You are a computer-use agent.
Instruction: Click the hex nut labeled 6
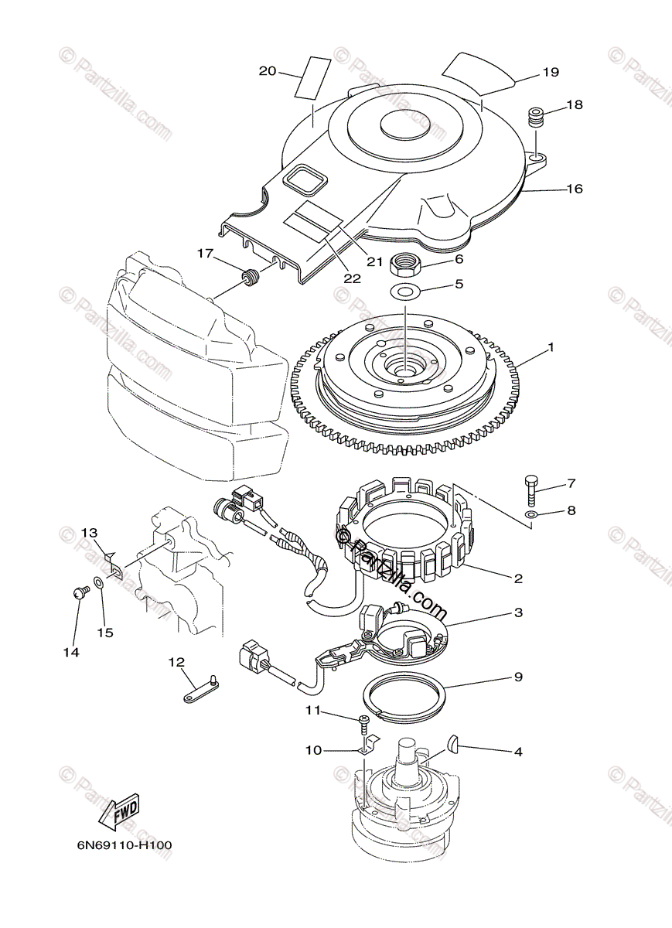[406, 267]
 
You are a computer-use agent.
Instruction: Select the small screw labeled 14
[78, 592]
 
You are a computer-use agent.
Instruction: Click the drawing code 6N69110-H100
[124, 845]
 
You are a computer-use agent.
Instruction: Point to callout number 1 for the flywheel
[551, 348]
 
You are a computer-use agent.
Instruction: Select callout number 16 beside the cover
[574, 189]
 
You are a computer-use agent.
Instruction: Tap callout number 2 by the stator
[518, 578]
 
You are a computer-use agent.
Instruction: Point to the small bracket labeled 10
[369, 743]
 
